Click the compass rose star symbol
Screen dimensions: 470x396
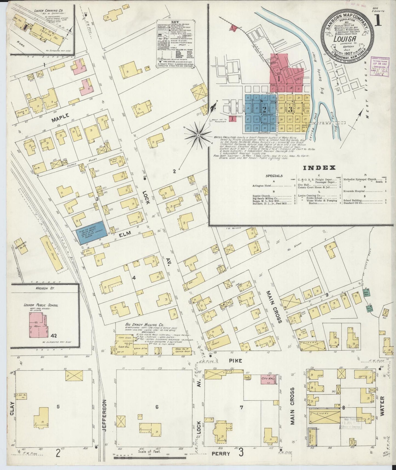(x=198, y=135)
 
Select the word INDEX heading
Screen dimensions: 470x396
(x=319, y=168)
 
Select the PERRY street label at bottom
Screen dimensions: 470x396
(x=221, y=454)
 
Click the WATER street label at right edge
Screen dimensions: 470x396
(x=383, y=406)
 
